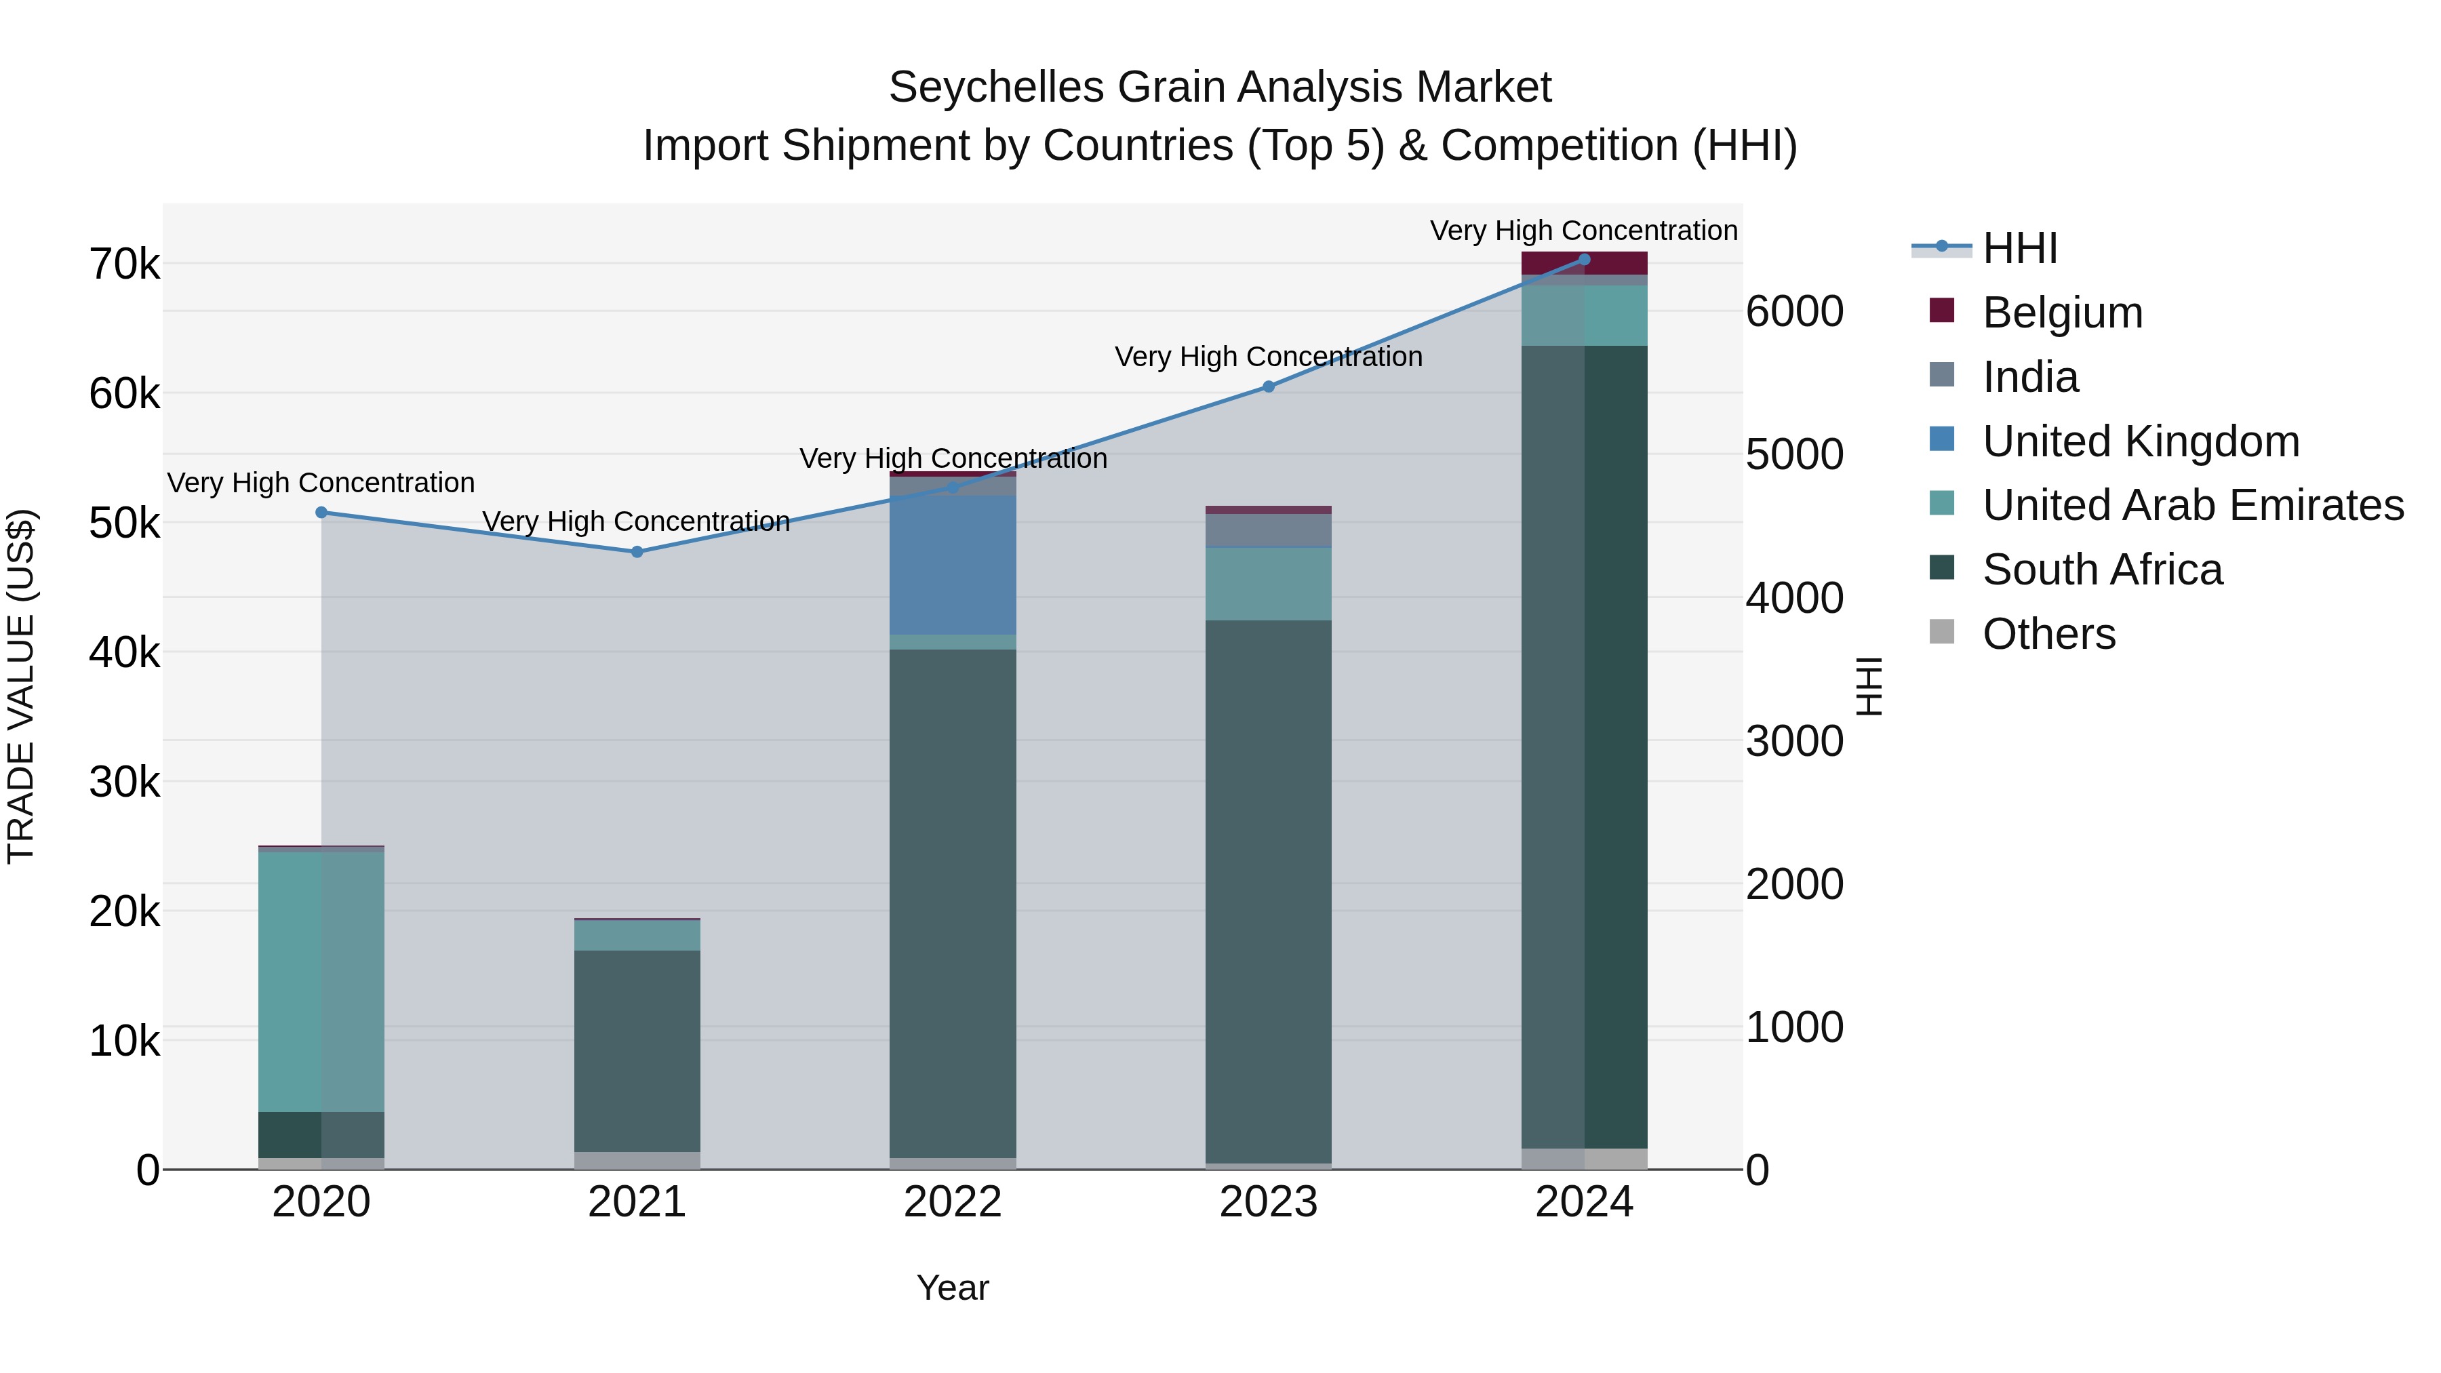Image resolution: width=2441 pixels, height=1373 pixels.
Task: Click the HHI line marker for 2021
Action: pos(637,551)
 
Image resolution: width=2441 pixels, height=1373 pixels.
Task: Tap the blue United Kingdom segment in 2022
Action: pos(953,565)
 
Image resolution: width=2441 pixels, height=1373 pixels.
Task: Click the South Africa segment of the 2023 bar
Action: pos(1268,891)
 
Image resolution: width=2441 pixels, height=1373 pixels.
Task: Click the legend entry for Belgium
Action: pos(2062,313)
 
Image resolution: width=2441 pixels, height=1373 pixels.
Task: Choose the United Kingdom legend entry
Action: pos(2140,441)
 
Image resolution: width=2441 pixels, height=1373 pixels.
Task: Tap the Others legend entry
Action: pos(2048,634)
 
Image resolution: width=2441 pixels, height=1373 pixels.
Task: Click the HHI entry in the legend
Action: pos(2019,248)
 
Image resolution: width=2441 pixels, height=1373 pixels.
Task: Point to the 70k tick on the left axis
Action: pos(124,264)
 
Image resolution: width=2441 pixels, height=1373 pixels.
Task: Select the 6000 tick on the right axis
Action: pos(1793,312)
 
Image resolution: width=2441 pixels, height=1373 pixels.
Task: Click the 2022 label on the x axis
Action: pos(953,1202)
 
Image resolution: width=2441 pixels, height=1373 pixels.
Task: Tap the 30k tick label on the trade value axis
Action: pos(124,782)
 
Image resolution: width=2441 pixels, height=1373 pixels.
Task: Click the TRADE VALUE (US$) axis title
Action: pos(21,686)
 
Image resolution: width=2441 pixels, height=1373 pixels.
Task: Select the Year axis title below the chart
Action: pos(953,1288)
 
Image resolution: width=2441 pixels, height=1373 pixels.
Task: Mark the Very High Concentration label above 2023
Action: pos(1268,357)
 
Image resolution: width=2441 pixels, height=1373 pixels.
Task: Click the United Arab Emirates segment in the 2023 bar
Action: pos(1268,584)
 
